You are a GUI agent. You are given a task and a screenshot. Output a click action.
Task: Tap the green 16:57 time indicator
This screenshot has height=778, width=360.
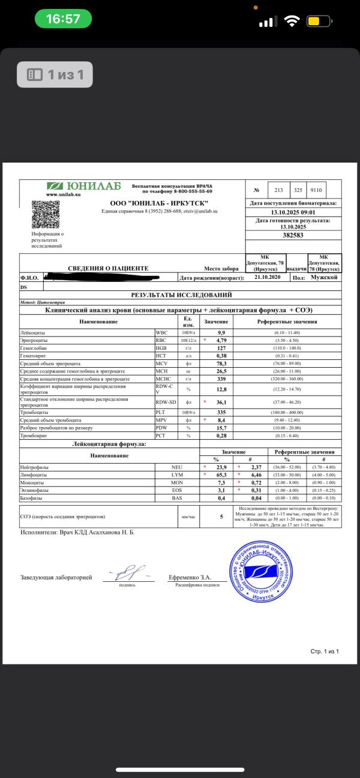tap(62, 19)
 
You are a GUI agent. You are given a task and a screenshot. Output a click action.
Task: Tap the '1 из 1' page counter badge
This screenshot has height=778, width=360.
tap(55, 75)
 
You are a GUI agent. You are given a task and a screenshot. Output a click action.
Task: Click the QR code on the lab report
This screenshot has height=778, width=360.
tap(46, 214)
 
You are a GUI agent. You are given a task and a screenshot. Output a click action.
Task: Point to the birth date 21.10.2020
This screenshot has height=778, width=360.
tap(267, 278)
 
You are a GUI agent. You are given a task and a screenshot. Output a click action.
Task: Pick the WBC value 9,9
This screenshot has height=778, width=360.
tap(221, 332)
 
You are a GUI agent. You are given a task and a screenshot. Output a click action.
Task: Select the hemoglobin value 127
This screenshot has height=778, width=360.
tap(221, 347)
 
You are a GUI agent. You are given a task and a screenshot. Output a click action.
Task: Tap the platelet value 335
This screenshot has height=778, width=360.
tap(221, 412)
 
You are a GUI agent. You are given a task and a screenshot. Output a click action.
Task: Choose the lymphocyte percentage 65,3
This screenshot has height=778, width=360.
tap(220, 474)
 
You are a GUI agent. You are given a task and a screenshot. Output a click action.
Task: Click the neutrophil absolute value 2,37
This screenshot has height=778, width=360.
tap(254, 466)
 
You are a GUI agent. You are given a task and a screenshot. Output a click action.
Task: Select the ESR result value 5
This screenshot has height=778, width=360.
tap(221, 516)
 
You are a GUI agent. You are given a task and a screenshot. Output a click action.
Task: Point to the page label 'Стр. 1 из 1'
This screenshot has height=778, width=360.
tap(325, 650)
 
